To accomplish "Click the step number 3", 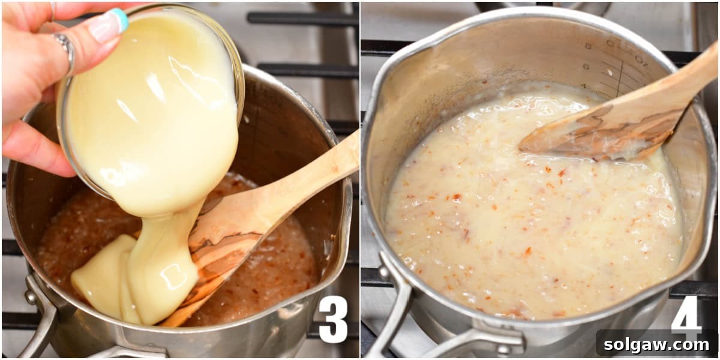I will (x=333, y=319).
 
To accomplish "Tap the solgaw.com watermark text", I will (x=657, y=344).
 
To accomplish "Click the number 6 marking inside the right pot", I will (x=585, y=67).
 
